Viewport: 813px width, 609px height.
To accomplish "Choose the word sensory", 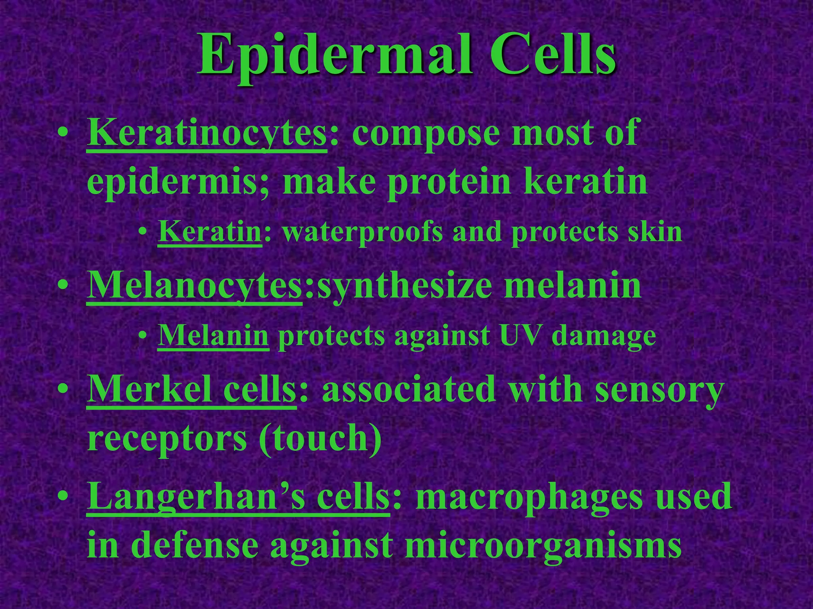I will point(659,391).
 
